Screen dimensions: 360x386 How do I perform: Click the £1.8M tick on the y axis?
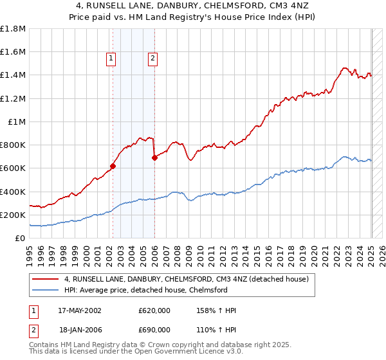14,29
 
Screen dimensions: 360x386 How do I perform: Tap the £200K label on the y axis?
13,215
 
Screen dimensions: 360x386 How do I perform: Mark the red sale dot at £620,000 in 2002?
113,166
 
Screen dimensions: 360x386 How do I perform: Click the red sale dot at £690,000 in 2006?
154,157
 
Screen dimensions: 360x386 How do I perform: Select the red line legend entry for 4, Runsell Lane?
187,279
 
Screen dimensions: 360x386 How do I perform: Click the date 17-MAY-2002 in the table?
80,310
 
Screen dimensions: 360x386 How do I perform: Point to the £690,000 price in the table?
154,328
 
